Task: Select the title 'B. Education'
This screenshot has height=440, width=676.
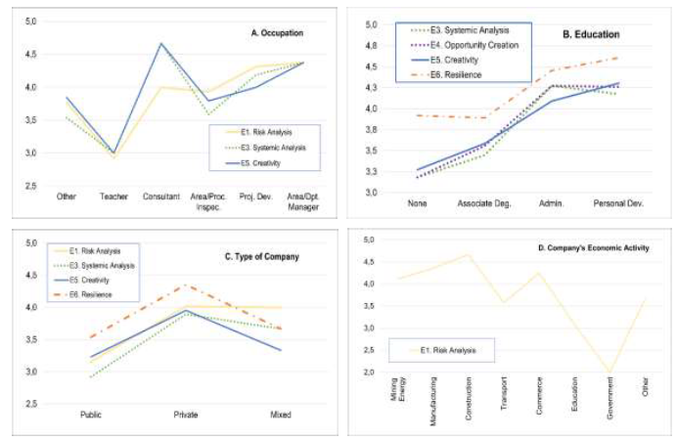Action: coord(591,35)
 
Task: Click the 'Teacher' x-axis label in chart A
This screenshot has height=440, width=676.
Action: coord(115,197)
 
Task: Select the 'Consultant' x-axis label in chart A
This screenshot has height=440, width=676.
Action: coord(161,197)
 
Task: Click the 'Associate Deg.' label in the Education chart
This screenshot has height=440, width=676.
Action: coord(486,203)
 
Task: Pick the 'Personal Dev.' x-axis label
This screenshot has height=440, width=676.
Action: coord(622,203)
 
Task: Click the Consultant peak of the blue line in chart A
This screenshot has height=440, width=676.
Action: coord(160,43)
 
